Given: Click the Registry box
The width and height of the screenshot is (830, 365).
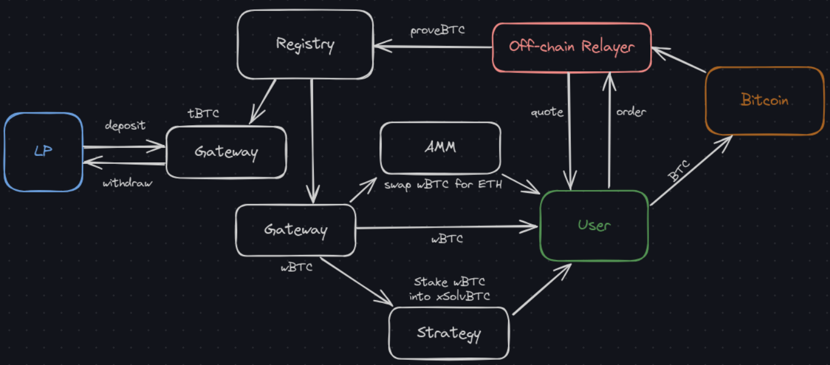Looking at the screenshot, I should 305,44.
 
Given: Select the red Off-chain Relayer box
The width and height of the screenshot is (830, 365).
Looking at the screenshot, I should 571,47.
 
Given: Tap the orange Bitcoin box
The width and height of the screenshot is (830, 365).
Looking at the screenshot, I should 764,100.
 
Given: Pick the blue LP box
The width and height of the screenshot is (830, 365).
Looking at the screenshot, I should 44,152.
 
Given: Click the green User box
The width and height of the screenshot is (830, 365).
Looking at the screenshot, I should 594,225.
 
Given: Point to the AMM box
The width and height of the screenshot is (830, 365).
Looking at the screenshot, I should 440,147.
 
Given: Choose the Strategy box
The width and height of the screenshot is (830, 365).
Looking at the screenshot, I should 448,333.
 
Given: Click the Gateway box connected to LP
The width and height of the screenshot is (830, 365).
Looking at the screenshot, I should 226,152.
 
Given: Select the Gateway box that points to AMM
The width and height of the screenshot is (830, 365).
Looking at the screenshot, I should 296,230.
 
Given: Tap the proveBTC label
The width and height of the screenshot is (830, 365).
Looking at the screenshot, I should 438,31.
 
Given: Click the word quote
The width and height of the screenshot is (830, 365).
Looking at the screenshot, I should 547,112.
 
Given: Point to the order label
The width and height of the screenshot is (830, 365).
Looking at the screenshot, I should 630,112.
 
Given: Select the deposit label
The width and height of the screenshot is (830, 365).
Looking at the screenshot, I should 125,126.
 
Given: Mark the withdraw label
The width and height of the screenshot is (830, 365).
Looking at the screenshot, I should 128,184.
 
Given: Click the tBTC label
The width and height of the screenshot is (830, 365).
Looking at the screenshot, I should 204,114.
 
